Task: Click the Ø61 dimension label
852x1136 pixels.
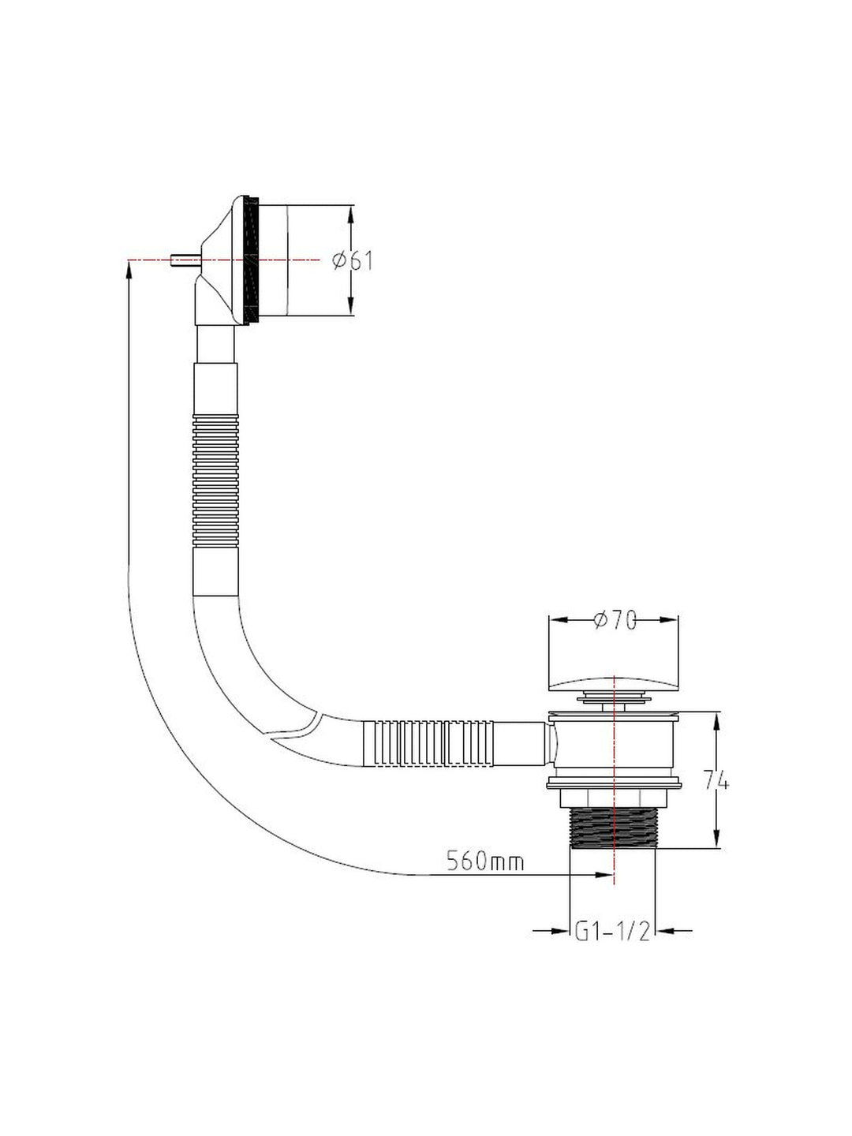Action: point(353,260)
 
